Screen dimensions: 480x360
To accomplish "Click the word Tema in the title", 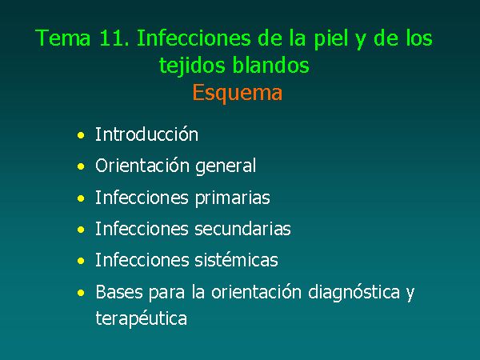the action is tap(63, 38).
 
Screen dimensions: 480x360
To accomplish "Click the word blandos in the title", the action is tap(270, 66).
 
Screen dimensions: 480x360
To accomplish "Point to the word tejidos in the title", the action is tap(193, 66).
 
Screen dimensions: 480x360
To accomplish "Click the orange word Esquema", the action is tap(238, 93).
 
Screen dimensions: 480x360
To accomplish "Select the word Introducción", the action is tap(146, 134).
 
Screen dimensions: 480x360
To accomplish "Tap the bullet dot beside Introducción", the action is tap(81, 135).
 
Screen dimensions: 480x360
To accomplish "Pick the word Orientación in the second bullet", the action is tap(142, 166).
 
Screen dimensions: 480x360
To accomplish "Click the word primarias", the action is tap(232, 198).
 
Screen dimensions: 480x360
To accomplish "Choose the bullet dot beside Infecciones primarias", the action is tap(81, 198).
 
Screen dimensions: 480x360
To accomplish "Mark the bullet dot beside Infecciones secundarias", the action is tap(81, 230).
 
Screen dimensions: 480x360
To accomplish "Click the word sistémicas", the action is tap(236, 260).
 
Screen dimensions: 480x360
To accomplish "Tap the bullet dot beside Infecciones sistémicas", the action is tap(81, 261).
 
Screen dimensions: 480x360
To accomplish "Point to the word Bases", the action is tap(119, 292).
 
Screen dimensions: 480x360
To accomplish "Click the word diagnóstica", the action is tap(354, 293).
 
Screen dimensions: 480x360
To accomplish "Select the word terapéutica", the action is tap(141, 318).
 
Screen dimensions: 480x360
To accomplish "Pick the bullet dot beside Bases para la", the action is tap(81, 293).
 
